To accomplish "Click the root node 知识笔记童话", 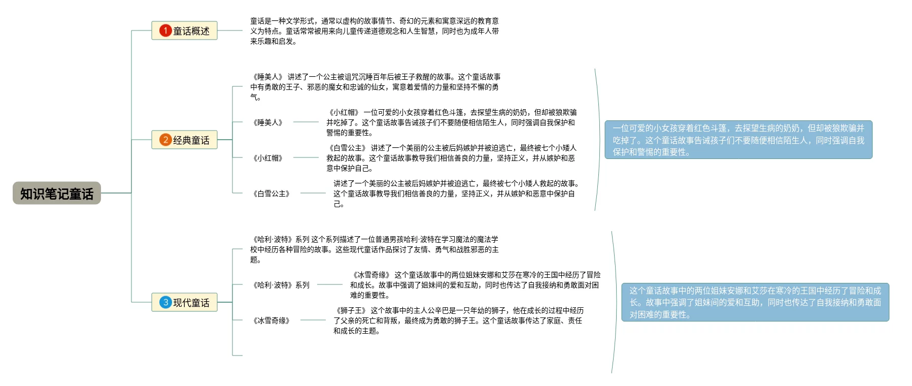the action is point(57,194).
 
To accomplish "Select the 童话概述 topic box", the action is point(184,31).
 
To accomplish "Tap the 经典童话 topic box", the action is point(184,140).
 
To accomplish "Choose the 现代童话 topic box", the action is point(184,303).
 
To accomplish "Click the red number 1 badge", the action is point(165,31).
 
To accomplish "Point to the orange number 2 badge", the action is point(165,140).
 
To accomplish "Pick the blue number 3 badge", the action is point(165,303).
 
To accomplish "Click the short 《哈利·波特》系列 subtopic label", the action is point(281,285).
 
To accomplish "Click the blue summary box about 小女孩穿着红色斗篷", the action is point(738,140).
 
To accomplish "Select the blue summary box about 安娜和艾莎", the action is point(755,302).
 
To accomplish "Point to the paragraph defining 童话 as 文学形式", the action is point(375,31).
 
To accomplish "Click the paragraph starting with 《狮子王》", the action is point(458,320).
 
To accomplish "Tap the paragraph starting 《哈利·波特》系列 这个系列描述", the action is point(375,249).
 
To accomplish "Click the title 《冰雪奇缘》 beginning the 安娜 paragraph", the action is point(371,275).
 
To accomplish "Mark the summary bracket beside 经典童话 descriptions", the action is point(596,140).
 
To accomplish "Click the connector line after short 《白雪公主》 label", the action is point(313,193).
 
